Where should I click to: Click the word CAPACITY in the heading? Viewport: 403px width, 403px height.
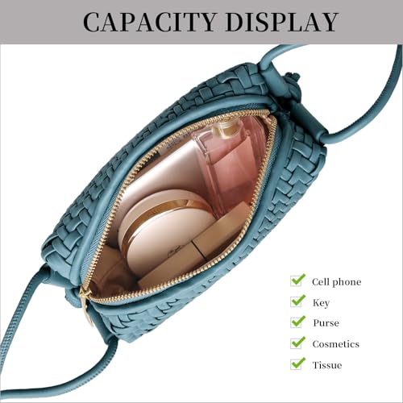(150, 23)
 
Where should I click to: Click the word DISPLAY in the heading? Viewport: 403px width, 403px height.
(281, 23)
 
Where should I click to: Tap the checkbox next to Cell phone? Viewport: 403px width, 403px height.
(297, 280)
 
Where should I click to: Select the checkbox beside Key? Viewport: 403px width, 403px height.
(297, 301)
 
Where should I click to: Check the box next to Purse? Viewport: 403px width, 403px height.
(297, 322)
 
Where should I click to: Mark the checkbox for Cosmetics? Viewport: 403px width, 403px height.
(297, 343)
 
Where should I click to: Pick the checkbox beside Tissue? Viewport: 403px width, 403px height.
(297, 364)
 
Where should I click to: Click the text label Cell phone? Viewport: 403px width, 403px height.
(336, 282)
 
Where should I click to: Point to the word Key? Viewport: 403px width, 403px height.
(321, 303)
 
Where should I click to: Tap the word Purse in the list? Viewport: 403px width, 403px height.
(326, 323)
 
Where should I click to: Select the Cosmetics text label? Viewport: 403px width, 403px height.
(336, 344)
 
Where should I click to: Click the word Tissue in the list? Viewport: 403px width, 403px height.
(327, 365)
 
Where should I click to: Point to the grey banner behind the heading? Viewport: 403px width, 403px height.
(201, 22)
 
